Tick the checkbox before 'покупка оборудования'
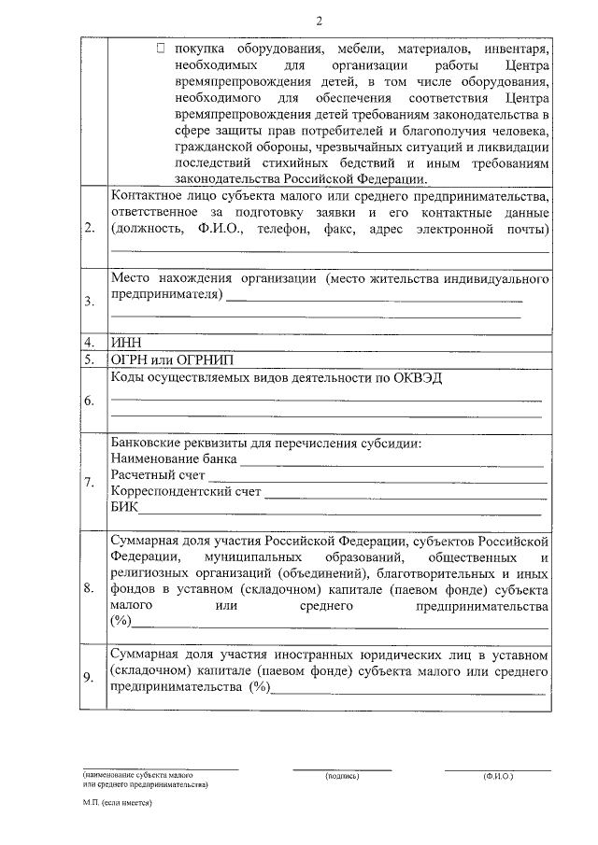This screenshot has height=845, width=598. coord(164,46)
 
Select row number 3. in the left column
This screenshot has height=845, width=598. coord(89,302)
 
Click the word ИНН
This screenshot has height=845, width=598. coord(124,343)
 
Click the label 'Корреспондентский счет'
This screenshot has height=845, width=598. coord(185,491)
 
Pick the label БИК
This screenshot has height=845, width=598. coord(123,507)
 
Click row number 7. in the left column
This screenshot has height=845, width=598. coord(89,483)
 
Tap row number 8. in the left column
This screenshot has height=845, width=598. coord(89,588)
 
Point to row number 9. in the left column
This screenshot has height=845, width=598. coord(89,678)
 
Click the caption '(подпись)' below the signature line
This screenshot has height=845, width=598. coord(342,777)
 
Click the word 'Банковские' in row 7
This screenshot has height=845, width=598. coord(147,443)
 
